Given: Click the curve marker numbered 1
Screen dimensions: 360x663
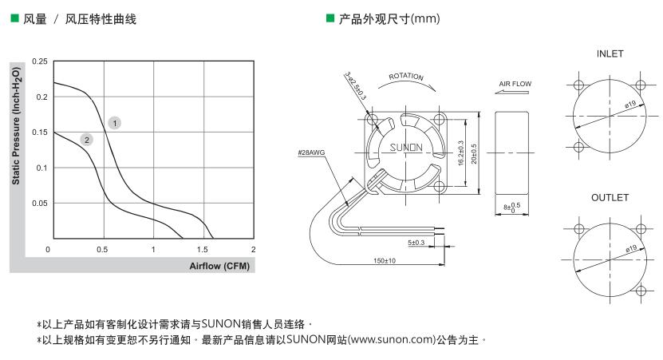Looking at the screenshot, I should (x=116, y=123).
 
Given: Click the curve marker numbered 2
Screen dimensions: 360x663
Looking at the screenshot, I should (x=86, y=140).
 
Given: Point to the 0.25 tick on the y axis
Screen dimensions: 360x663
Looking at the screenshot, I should (x=39, y=61).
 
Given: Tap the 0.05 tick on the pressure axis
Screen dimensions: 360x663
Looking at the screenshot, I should (x=39, y=204).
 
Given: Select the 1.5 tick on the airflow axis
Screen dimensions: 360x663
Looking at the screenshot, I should (x=203, y=250).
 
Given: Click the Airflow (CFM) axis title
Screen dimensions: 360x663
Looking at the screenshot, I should (x=220, y=265).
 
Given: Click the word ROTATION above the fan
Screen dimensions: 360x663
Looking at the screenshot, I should (x=405, y=77).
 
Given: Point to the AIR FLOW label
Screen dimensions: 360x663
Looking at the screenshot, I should (x=515, y=84).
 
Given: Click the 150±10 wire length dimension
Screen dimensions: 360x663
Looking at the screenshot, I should (x=385, y=261).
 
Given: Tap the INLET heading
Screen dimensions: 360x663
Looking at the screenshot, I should (x=610, y=54).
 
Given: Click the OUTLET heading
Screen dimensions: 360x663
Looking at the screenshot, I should (x=610, y=197).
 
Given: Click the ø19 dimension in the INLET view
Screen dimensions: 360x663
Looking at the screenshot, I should (x=629, y=105).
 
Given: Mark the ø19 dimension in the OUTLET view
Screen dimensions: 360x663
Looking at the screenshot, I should (x=629, y=249).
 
